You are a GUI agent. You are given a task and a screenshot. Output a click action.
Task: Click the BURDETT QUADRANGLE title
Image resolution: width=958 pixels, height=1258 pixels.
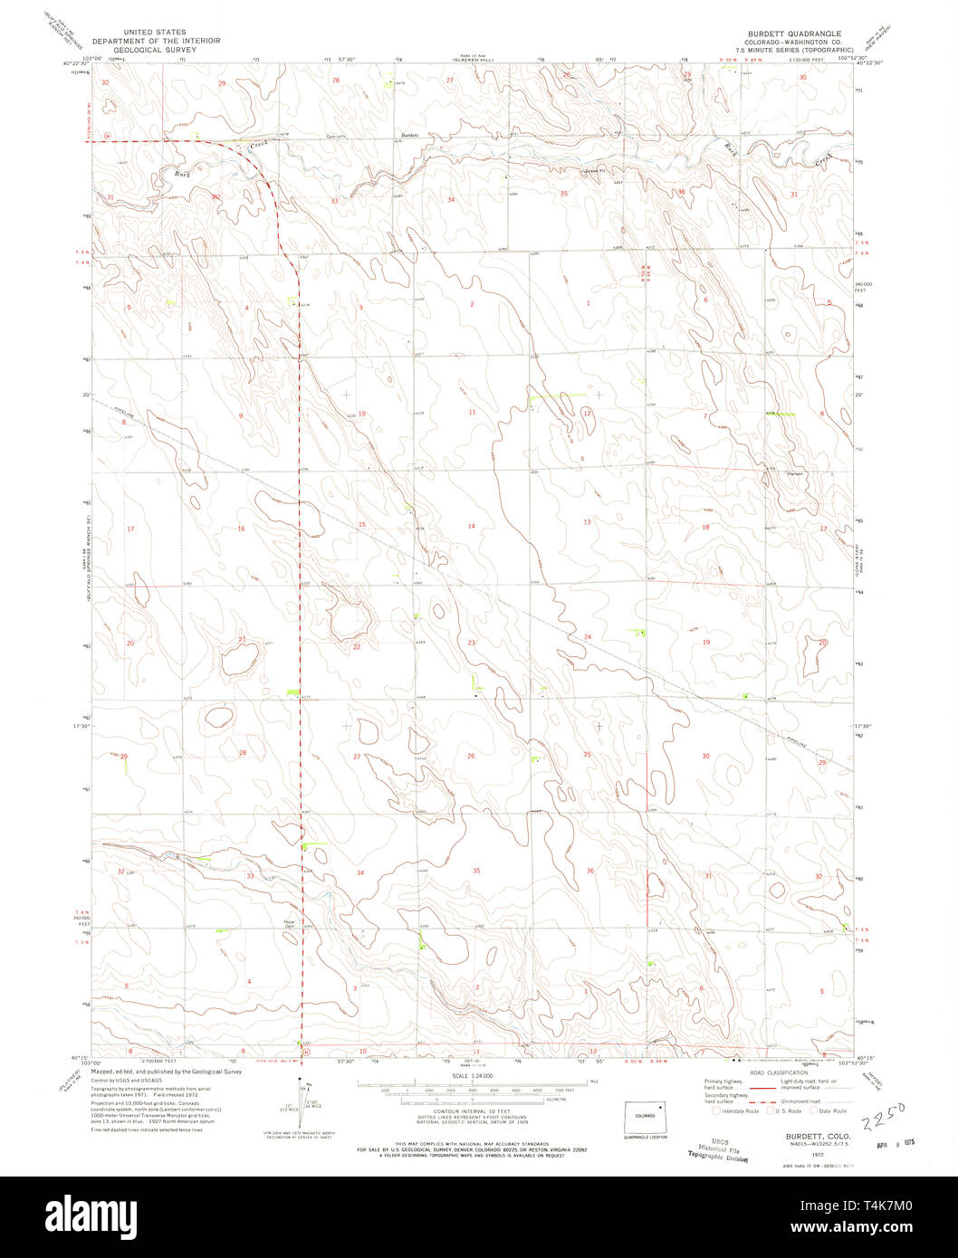pos(801,33)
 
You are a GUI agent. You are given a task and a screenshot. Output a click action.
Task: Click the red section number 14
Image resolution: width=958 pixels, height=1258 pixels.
pos(471,526)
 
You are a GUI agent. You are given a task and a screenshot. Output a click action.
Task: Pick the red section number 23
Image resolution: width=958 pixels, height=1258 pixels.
pos(471,643)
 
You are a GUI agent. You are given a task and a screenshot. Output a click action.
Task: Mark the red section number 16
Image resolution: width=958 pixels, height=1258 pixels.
pos(241,529)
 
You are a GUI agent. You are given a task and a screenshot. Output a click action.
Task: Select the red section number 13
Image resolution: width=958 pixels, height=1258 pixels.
pos(587,522)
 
